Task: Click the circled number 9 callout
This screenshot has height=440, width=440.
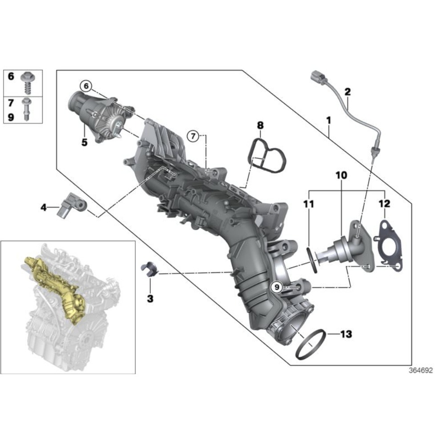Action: pyautogui.click(x=277, y=288)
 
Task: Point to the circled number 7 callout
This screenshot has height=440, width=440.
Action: pyautogui.click(x=193, y=136)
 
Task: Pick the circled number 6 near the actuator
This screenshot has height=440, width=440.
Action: pyautogui.click(x=85, y=85)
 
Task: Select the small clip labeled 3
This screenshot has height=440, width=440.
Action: pyautogui.click(x=149, y=269)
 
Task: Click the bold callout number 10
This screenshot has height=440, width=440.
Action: pyautogui.click(x=341, y=176)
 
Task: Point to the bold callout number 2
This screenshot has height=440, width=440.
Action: pyautogui.click(x=347, y=92)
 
